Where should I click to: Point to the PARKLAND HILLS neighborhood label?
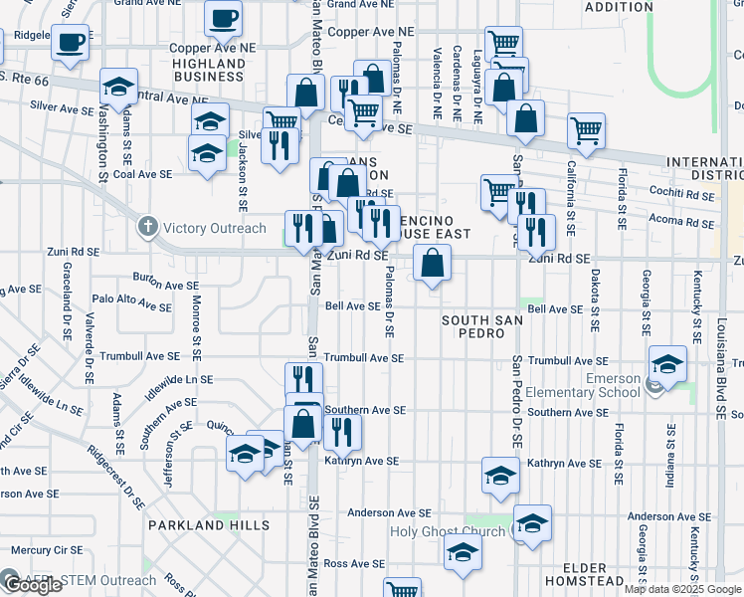(x=209, y=524)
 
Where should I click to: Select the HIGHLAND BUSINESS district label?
(x=209, y=70)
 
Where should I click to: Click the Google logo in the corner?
(x=32, y=585)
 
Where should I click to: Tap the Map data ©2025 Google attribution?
(x=683, y=589)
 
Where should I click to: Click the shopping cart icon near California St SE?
(x=587, y=129)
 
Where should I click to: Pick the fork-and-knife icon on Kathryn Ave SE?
(x=341, y=431)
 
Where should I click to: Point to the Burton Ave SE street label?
(x=167, y=286)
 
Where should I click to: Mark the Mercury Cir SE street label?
(x=47, y=549)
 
